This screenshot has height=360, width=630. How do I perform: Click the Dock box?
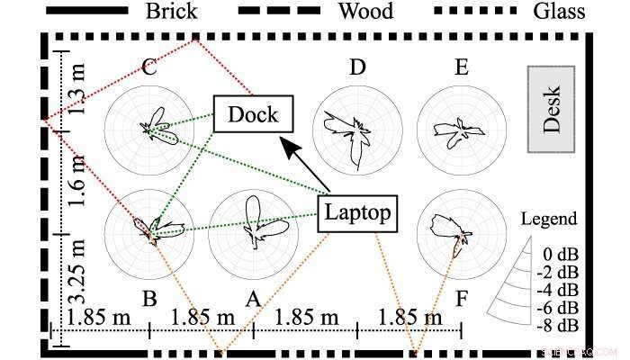pyautogui.click(x=252, y=114)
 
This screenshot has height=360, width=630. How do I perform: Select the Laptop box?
pyautogui.click(x=357, y=213)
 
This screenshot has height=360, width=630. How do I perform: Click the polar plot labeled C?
pyautogui.click(x=149, y=130)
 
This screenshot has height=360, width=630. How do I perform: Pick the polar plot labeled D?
pyautogui.click(x=358, y=130)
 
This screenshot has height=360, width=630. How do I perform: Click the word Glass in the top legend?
pyautogui.click(x=558, y=12)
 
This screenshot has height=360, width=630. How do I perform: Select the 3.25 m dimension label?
pyautogui.click(x=79, y=274)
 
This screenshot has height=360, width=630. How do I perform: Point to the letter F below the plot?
pyautogui.click(x=461, y=298)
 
